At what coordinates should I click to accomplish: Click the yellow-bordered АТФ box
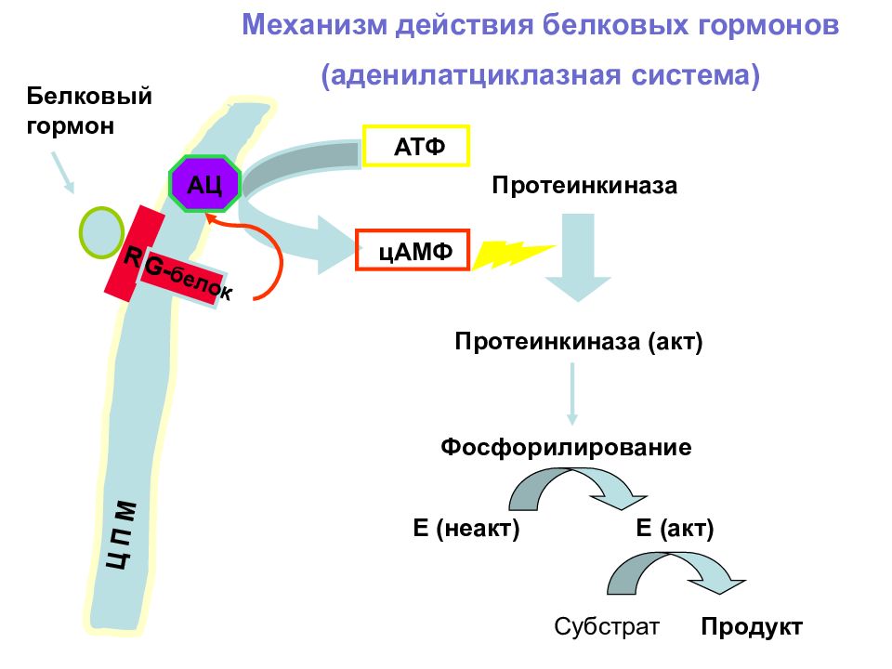point(416,146)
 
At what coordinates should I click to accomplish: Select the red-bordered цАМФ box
point(413,250)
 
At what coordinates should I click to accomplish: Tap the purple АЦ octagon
point(204,184)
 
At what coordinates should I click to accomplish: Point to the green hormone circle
point(101,232)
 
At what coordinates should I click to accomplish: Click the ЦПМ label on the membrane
point(122,535)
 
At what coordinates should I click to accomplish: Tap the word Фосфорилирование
point(566,447)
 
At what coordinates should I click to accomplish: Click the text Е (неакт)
point(466,528)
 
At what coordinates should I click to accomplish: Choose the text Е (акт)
point(675,528)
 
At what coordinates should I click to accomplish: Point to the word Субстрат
point(607,626)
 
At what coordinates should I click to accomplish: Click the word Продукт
point(752,626)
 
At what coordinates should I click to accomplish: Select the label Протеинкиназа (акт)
point(579,341)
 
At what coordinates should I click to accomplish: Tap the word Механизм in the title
point(315,25)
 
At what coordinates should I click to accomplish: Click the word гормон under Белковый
point(70,125)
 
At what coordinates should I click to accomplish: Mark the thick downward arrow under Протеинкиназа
point(578,257)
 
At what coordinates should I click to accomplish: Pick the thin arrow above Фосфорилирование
point(572,394)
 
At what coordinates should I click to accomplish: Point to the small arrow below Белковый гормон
point(62,173)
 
